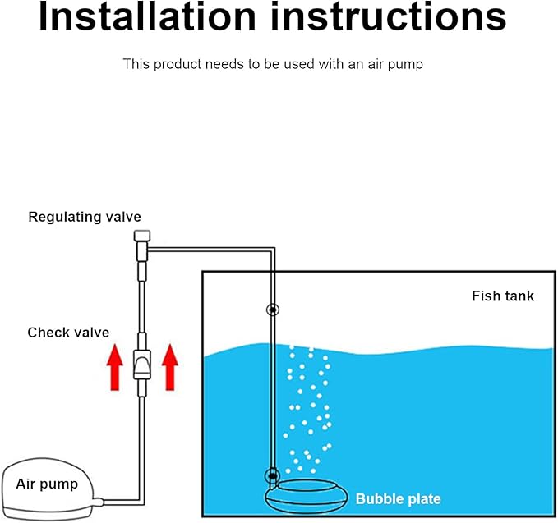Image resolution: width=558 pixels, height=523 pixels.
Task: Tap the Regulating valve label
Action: tap(85, 218)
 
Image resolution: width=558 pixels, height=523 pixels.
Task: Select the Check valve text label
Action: tap(68, 333)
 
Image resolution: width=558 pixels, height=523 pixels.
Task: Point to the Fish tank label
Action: tap(502, 296)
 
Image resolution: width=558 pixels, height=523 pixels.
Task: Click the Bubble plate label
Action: tap(398, 498)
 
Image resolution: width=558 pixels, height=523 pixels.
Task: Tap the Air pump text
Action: tap(47, 484)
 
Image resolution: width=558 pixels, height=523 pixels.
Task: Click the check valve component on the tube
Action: tap(142, 360)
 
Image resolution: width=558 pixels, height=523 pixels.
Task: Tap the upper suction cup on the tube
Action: tap(272, 310)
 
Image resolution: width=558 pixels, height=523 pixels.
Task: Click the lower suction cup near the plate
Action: tap(272, 475)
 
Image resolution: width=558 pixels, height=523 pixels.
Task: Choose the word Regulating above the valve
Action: tap(62, 218)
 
